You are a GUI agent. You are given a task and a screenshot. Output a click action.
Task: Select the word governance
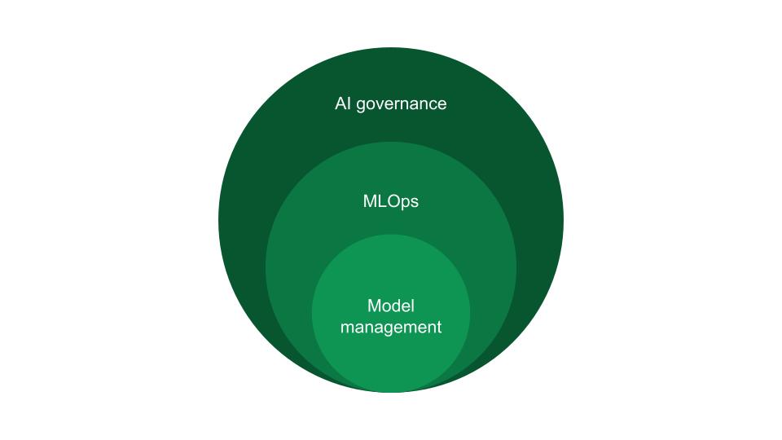tap(402, 105)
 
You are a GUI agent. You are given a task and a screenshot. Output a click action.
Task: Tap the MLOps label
tap(391, 201)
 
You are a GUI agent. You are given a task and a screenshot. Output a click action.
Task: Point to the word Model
tap(391, 306)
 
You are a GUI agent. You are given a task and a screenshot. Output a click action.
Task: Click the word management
tap(391, 328)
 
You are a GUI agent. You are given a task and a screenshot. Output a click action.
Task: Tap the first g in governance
tap(361, 106)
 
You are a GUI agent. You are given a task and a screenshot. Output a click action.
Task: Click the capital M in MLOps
tap(369, 201)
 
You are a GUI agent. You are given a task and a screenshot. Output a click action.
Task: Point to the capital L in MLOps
tap(381, 201)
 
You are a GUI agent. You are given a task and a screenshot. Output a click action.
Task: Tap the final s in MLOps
tap(415, 203)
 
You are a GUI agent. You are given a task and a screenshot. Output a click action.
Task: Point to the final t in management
tap(439, 328)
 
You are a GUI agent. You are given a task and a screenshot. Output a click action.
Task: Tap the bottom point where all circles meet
tap(391, 392)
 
